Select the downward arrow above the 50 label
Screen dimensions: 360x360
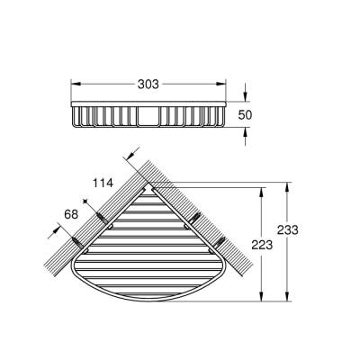pyautogui.click(x=247, y=97)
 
